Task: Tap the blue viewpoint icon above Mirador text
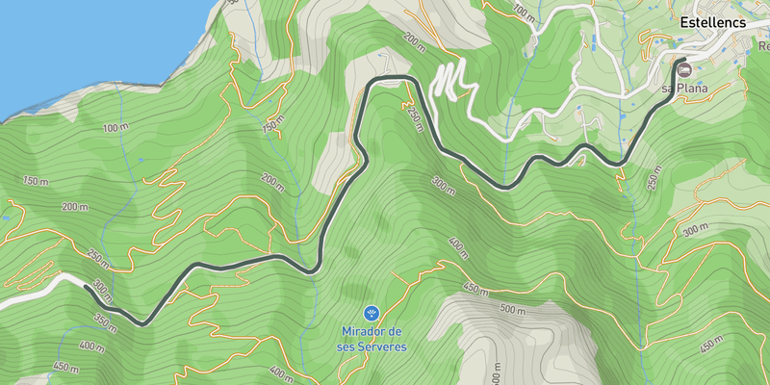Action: [372, 314]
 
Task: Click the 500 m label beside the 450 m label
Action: [512, 310]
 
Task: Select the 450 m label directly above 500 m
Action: [475, 288]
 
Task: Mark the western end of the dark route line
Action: [87, 286]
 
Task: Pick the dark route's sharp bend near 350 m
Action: [141, 323]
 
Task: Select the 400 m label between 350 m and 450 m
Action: [91, 345]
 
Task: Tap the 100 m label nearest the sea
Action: [115, 127]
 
